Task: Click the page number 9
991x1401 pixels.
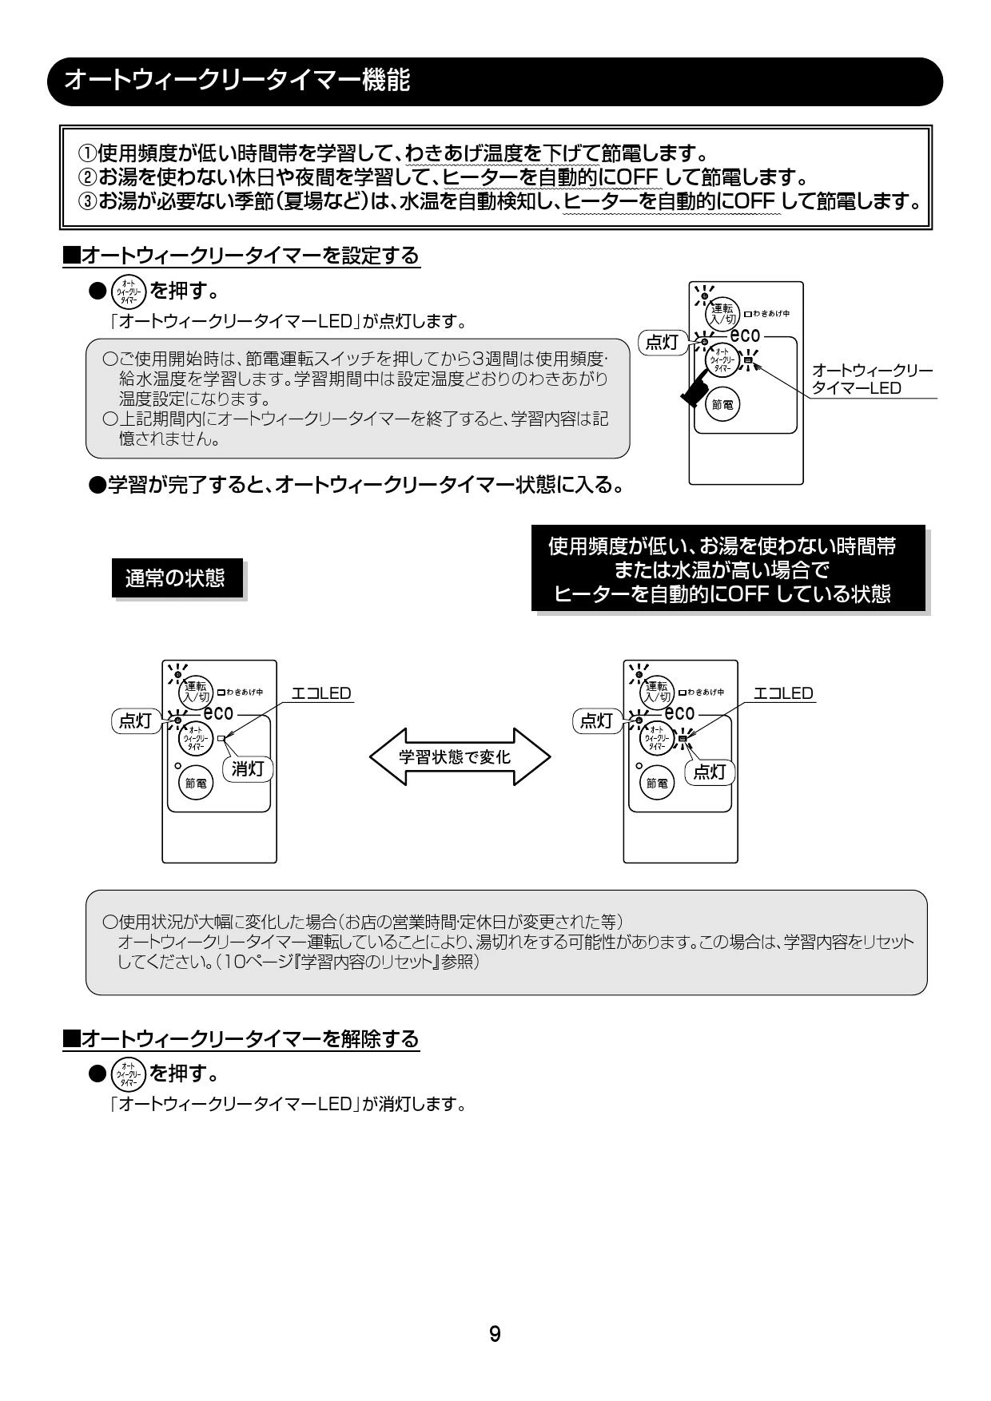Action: pyautogui.click(x=495, y=1334)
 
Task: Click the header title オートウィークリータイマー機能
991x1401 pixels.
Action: pyautogui.click(x=237, y=80)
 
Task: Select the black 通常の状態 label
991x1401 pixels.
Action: pyautogui.click(x=176, y=578)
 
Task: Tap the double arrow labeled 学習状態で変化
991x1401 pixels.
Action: pyautogui.click(x=460, y=756)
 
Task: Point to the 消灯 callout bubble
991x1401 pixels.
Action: pyautogui.click(x=248, y=769)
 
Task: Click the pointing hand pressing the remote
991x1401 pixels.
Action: pyautogui.click(x=694, y=387)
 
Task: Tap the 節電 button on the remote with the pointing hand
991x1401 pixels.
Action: pyautogui.click(x=722, y=405)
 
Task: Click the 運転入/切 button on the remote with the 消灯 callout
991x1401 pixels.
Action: pyautogui.click(x=196, y=692)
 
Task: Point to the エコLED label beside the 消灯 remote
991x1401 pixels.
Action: pyautogui.click(x=321, y=693)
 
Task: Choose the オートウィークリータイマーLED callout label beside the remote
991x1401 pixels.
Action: pyautogui.click(x=871, y=379)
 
